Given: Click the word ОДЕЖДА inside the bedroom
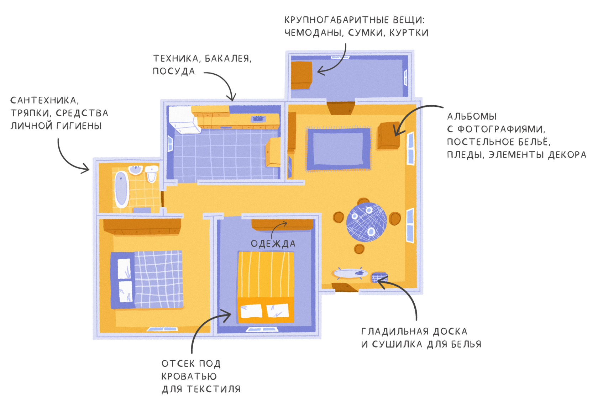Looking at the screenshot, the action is point(273,244).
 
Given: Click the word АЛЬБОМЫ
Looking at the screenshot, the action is point(472,117).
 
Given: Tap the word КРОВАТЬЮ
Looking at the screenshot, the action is point(189,376).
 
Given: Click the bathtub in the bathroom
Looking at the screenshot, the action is point(122,189).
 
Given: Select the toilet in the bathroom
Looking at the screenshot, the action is point(152,174).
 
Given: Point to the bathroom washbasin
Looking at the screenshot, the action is point(136,170).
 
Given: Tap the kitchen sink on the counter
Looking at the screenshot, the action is point(258,118).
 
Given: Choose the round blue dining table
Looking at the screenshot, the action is point(366,222).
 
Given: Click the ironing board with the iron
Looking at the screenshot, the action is point(350,274).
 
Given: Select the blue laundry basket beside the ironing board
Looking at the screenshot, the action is point(379,277).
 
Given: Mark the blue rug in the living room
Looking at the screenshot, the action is point(339,149).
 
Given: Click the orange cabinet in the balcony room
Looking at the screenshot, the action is point(301,75).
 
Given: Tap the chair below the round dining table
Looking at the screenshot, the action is point(359,249).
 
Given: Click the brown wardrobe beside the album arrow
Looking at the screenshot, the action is point(388,136).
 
